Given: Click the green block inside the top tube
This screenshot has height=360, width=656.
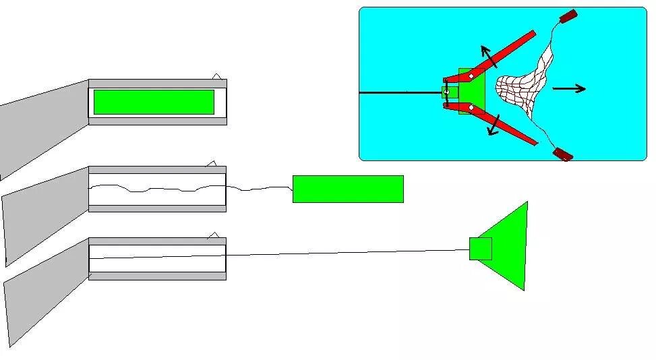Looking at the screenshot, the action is tap(154, 102).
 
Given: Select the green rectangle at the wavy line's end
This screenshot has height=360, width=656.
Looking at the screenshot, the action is tap(348, 189).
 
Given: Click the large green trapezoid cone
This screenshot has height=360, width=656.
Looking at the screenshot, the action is tap(510, 245).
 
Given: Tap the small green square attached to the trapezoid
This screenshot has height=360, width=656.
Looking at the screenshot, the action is tap(480, 249).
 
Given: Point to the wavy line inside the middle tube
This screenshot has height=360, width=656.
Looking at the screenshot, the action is tap(155, 188).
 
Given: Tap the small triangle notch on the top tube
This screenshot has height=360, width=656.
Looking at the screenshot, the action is tap(216, 76).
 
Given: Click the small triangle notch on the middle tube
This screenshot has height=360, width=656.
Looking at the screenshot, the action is tap(211, 163).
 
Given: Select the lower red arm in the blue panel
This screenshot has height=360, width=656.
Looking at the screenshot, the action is tap(500, 125).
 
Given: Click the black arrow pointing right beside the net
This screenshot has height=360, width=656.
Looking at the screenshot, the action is tap(569, 88).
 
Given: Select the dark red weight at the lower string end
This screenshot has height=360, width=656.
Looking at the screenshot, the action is tap(562, 154).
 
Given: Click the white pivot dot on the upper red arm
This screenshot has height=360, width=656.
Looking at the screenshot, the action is tap(471, 76).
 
